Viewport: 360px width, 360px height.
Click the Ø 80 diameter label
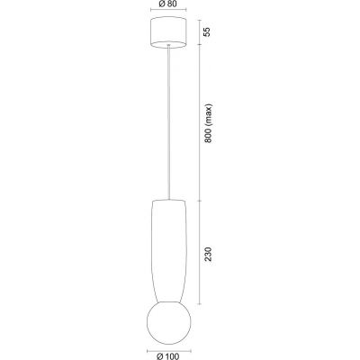pos(169,4)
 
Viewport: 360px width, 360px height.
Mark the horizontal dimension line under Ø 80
pos(168,12)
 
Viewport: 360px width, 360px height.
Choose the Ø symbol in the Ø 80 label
pos(160,4)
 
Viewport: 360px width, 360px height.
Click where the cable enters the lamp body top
pos(168,200)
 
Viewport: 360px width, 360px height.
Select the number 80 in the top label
pos(174,4)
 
